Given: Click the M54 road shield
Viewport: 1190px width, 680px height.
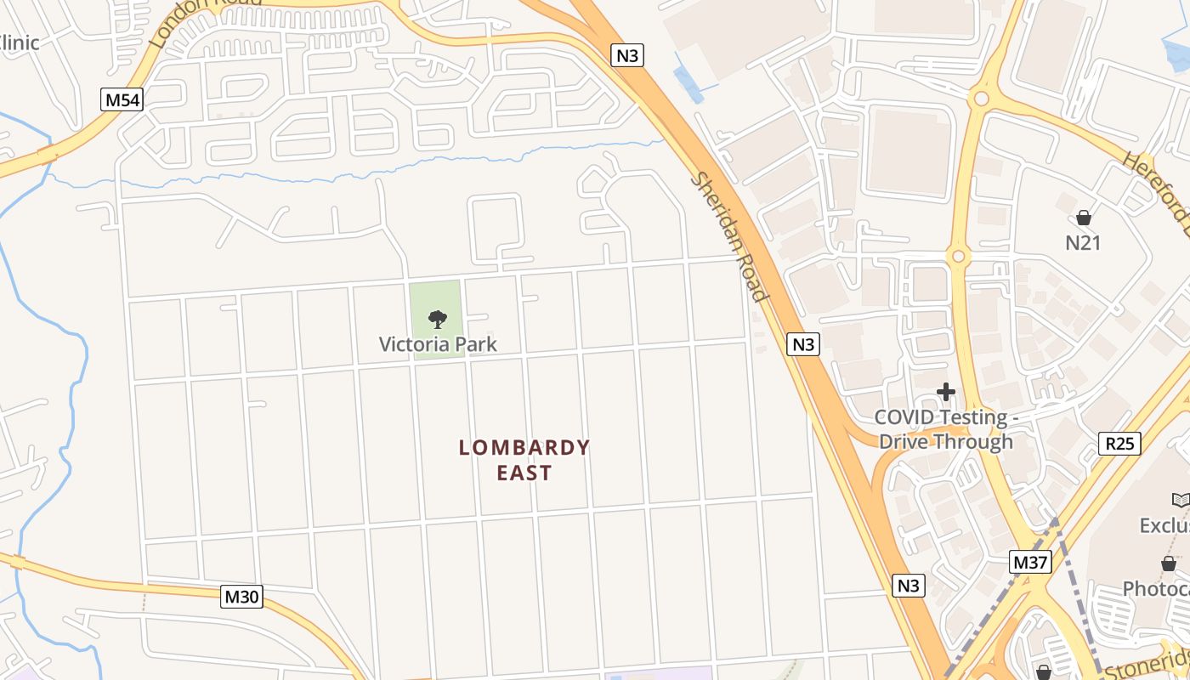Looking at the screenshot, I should tap(122, 100).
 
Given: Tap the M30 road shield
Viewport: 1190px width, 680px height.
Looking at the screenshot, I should tap(241, 597).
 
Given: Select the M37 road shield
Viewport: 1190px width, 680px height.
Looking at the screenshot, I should tap(1031, 562).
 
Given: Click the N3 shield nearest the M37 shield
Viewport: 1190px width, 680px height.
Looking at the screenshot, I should tap(909, 585).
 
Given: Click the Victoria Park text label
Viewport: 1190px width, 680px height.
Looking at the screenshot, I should tap(438, 344).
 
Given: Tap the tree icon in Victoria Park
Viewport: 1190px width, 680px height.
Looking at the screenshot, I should tap(438, 320).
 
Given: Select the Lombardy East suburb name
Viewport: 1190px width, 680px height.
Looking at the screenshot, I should tap(524, 460).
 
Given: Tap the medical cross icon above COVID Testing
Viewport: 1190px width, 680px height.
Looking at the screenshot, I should tap(945, 392).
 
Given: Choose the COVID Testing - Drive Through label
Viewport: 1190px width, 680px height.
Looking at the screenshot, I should tap(945, 429).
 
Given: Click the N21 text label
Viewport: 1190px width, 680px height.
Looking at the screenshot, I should tap(1083, 243).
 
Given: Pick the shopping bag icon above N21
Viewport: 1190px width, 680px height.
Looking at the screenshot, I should tap(1083, 218).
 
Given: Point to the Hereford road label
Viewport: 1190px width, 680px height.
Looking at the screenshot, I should tap(1156, 192).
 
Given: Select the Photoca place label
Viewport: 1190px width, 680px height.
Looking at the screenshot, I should tap(1156, 588).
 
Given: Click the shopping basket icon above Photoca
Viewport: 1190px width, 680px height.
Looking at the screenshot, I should tap(1169, 564).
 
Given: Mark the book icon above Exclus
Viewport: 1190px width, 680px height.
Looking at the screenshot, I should tap(1180, 501).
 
